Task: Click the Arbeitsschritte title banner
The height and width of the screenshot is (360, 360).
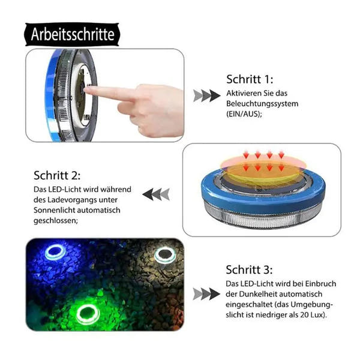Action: click(x=72, y=34)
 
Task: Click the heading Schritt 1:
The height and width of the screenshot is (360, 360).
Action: click(x=250, y=79)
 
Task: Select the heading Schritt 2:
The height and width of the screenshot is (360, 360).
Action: click(x=57, y=176)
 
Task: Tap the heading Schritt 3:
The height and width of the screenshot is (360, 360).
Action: click(x=249, y=270)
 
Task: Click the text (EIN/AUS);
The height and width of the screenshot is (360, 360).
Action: click(x=244, y=114)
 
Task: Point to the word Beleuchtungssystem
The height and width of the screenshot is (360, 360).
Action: click(x=262, y=104)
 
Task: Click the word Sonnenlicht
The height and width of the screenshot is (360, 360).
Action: click(x=54, y=210)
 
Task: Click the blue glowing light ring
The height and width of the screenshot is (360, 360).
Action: click(x=55, y=252)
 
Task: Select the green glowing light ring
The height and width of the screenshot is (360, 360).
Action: click(x=88, y=314)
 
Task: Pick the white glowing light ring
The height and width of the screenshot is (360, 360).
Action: click(x=164, y=256)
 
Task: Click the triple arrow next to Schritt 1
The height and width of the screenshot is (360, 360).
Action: click(x=206, y=96)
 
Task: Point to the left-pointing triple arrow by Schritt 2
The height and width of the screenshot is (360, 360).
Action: click(x=156, y=194)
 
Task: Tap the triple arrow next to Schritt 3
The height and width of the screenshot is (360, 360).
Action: click(x=206, y=294)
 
